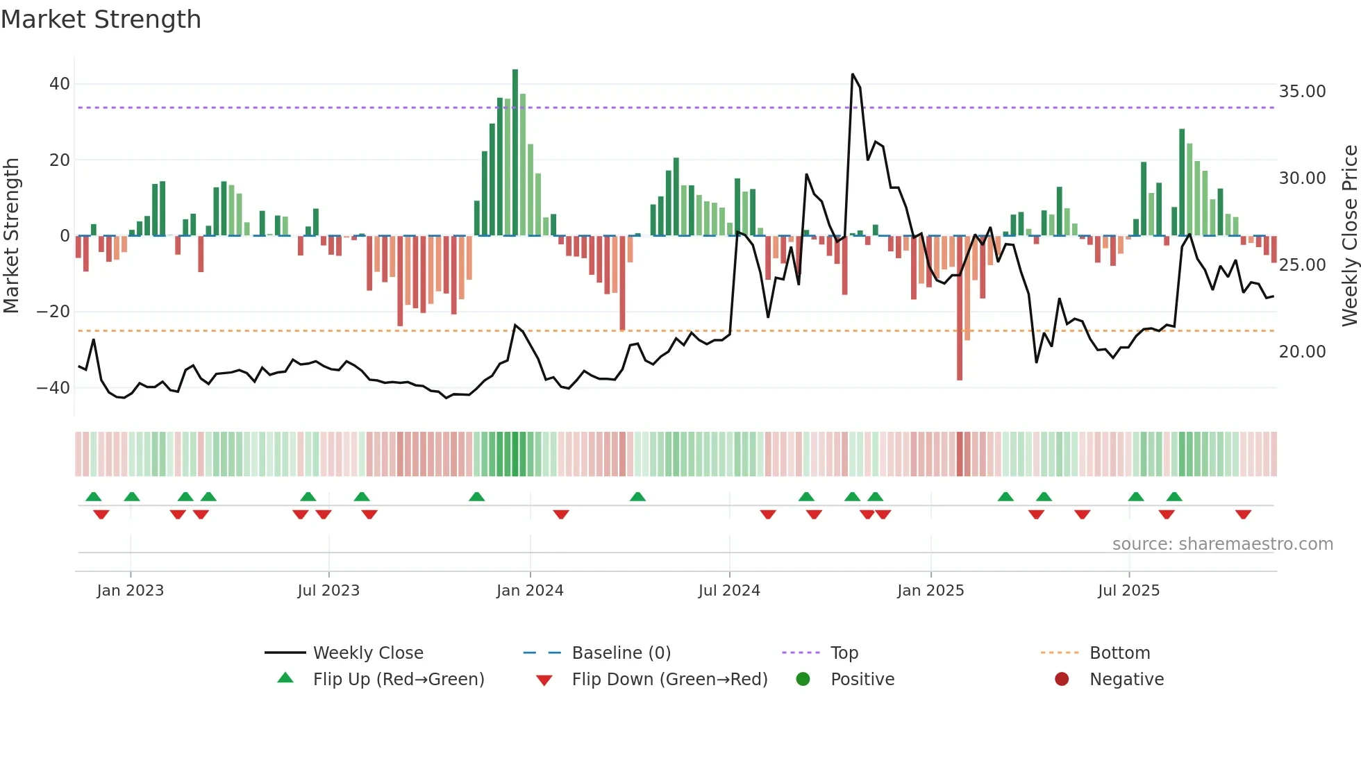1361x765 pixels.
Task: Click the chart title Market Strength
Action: click(101, 19)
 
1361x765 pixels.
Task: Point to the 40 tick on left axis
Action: click(60, 84)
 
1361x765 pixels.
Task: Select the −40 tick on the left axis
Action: click(53, 388)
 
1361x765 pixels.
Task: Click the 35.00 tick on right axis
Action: click(1302, 92)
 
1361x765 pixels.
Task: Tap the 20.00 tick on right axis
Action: click(1302, 352)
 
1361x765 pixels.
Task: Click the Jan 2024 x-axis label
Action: click(530, 591)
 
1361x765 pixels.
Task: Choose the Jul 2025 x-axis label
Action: click(1128, 591)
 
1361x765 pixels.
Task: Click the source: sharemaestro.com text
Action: click(1222, 544)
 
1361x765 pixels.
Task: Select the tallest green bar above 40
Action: click(515, 153)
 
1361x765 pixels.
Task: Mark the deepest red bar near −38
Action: click(960, 309)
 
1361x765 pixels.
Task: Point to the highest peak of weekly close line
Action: click(853, 74)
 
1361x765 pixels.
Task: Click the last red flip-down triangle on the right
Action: click(1243, 514)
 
